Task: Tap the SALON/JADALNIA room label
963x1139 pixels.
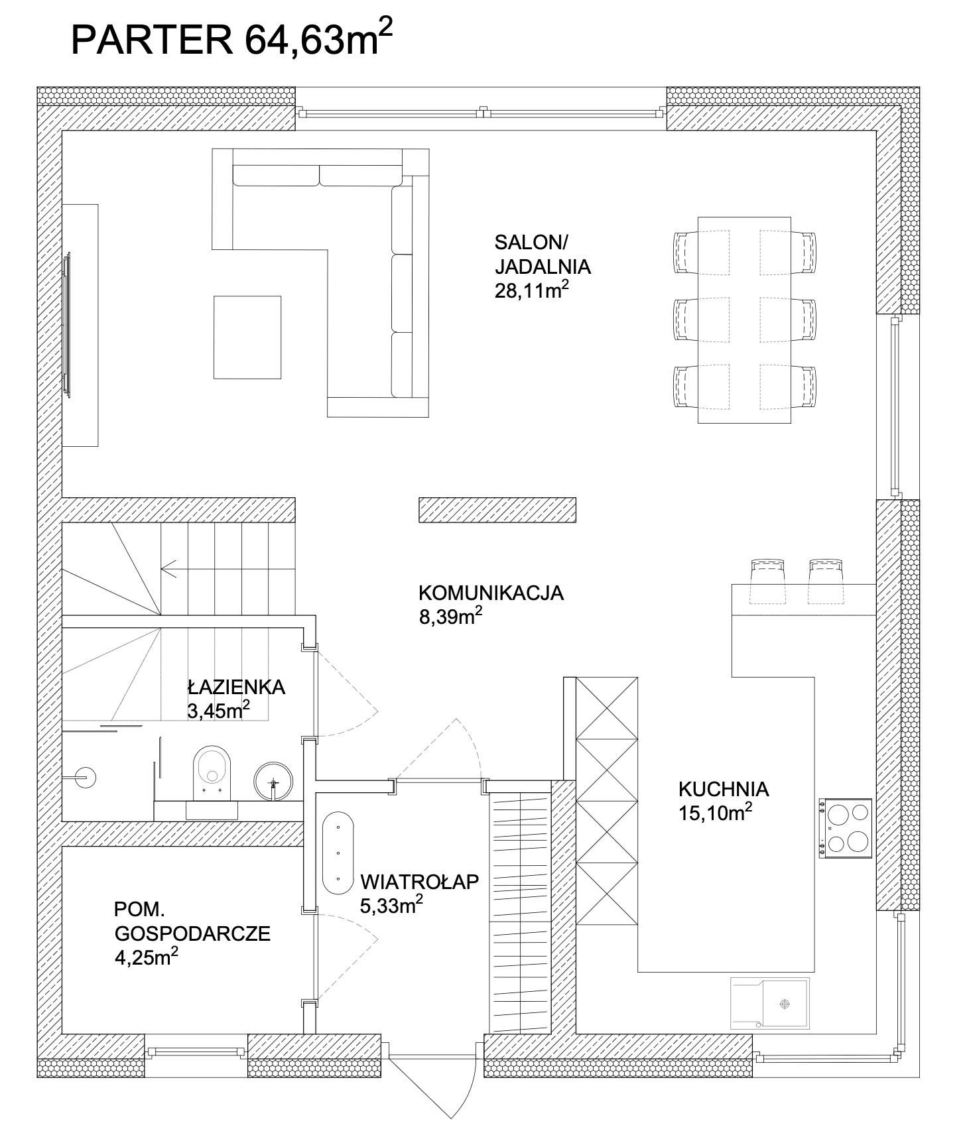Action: [x=543, y=254]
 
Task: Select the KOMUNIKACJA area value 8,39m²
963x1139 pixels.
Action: [x=450, y=617]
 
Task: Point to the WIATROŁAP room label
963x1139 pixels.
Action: [x=420, y=882]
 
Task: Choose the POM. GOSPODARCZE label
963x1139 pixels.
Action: [x=192, y=922]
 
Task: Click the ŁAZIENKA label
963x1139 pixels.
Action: [x=236, y=687]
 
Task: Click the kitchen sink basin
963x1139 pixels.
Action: [x=785, y=1004]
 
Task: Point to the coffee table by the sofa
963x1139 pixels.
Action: [x=247, y=337]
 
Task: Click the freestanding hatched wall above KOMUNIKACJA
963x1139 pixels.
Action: [x=497, y=510]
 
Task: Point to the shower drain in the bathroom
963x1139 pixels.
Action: [x=84, y=775]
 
